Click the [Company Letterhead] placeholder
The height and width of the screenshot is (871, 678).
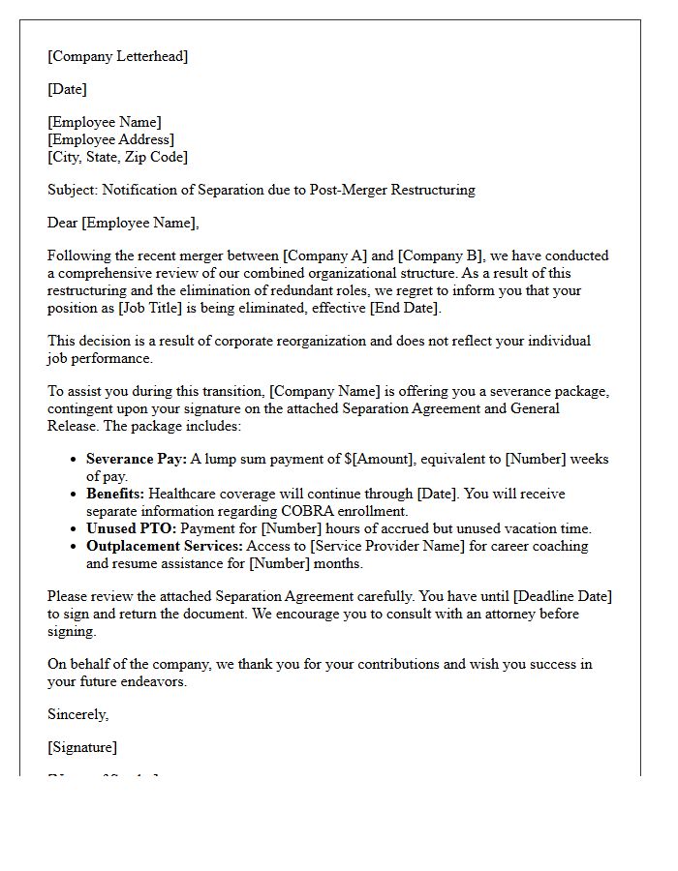click(x=117, y=56)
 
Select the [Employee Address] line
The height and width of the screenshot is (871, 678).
click(x=110, y=139)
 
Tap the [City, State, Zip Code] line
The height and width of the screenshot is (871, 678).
click(x=117, y=157)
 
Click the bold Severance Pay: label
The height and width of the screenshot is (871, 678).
click(x=136, y=459)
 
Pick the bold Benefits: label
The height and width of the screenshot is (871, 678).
click(x=115, y=494)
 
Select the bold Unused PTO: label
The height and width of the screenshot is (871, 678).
click(x=131, y=528)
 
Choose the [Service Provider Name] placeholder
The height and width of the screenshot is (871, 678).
click(x=357, y=546)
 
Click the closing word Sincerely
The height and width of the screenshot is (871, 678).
click(x=77, y=714)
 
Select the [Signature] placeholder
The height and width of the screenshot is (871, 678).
click(x=82, y=747)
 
